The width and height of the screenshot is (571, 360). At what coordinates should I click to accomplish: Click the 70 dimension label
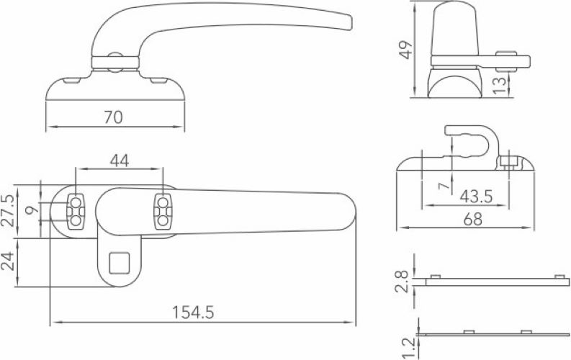pos(114,117)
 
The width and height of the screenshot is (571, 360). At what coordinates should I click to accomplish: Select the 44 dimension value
pos(120,161)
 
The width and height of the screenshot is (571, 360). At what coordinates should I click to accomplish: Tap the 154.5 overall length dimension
pos(194,312)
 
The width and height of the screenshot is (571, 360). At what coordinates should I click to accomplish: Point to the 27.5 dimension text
pos(9,211)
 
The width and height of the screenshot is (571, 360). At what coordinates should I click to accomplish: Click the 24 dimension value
pos(9,261)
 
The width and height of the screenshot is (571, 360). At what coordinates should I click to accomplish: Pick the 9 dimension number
pos(30,211)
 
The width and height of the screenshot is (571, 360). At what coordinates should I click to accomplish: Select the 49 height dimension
pos(407,50)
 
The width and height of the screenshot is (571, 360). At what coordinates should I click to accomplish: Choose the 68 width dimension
pos(472,220)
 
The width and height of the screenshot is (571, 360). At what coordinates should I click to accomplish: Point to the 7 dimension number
pos(444,187)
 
